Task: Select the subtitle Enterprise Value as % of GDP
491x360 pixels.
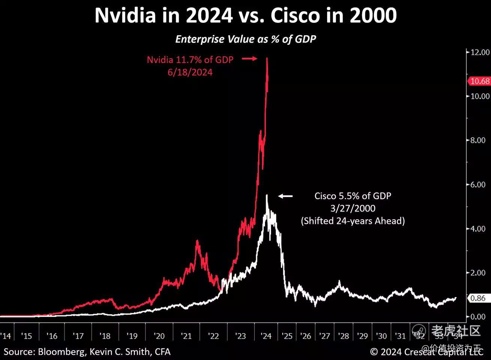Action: tap(245, 39)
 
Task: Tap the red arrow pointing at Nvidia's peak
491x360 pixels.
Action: tap(249, 58)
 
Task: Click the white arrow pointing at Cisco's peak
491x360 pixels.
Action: tap(286, 196)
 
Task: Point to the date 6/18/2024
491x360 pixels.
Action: tap(190, 72)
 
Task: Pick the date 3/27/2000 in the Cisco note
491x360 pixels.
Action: tap(353, 208)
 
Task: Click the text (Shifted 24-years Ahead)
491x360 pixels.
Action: tap(353, 221)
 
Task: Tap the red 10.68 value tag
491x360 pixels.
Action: tap(479, 81)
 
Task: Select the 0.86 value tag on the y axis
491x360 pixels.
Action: tap(478, 298)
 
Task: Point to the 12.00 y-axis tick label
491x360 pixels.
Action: tap(480, 52)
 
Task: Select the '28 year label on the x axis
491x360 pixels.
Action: tap(343, 336)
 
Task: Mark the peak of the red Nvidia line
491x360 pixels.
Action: tap(267, 58)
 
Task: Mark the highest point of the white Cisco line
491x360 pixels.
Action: tap(266, 195)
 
